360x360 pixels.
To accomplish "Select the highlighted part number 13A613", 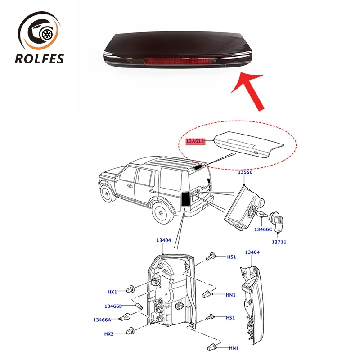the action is point(195,141).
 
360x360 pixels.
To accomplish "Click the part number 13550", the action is point(245,172).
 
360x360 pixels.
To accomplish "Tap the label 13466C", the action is point(263,229).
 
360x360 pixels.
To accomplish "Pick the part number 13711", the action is point(279,242).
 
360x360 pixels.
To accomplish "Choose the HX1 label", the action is point(112,292).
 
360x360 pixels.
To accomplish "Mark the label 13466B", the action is point(113,306).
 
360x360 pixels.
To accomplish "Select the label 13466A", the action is point(102,319).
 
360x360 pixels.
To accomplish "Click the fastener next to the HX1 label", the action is point(131,288).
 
